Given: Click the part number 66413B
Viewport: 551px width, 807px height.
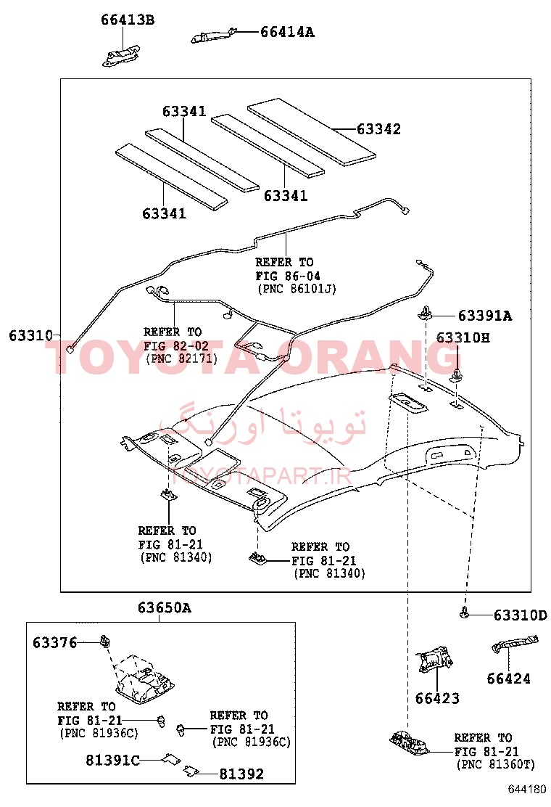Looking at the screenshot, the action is pyautogui.click(x=128, y=20).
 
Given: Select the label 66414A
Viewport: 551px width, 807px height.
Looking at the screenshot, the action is pyautogui.click(x=287, y=32).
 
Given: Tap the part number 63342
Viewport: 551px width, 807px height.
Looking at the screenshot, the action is pyautogui.click(x=378, y=129).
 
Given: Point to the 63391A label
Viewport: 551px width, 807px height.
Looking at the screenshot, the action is pyautogui.click(x=485, y=316).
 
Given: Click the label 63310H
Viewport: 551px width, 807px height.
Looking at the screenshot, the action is pyautogui.click(x=463, y=337).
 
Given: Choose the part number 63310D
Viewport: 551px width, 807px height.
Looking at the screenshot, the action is pyautogui.click(x=520, y=615).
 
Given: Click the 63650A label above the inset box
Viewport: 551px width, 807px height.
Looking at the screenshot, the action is pyautogui.click(x=165, y=608).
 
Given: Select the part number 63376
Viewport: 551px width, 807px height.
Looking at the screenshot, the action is pyautogui.click(x=54, y=642).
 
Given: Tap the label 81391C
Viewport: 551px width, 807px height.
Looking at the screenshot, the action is pyautogui.click(x=112, y=760).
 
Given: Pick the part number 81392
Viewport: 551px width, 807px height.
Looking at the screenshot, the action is pyautogui.click(x=241, y=774).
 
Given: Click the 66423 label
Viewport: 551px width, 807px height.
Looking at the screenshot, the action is pyautogui.click(x=437, y=698).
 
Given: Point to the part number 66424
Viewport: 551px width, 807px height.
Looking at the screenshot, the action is pyautogui.click(x=508, y=679).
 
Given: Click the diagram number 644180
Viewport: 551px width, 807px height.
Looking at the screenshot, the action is pyautogui.click(x=527, y=789).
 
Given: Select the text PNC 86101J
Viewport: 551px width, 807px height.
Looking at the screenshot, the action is pyautogui.click(x=297, y=289).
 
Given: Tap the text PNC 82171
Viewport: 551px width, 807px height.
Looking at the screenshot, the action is pyautogui.click(x=182, y=359).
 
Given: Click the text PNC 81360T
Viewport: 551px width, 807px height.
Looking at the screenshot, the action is pyautogui.click(x=496, y=764).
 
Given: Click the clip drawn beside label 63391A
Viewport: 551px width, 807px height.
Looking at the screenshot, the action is pyautogui.click(x=425, y=312).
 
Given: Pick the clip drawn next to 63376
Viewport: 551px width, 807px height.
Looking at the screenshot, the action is pyautogui.click(x=106, y=642).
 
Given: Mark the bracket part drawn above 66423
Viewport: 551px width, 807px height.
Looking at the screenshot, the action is pyautogui.click(x=435, y=658).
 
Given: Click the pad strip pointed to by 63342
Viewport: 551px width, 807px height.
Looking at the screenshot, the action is pyautogui.click(x=312, y=132).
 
